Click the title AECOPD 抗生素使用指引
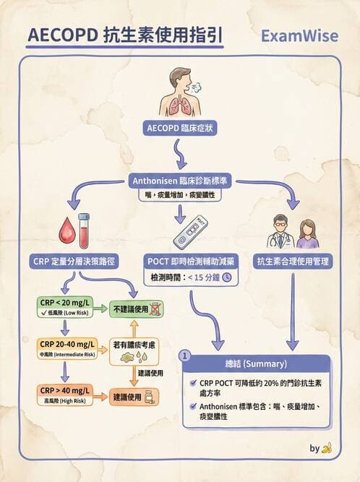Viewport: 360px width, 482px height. [124, 35]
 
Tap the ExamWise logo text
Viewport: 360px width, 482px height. [296, 36]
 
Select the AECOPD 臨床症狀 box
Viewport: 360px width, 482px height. [179, 128]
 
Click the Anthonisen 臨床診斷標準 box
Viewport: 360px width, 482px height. [179, 181]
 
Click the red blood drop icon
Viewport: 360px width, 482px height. [62, 231]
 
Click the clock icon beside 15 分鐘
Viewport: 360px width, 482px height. [226, 277]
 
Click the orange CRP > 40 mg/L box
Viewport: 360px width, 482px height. [59, 394]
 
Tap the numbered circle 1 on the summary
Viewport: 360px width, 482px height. [186, 356]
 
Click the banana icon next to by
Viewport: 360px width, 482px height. [327, 448]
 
